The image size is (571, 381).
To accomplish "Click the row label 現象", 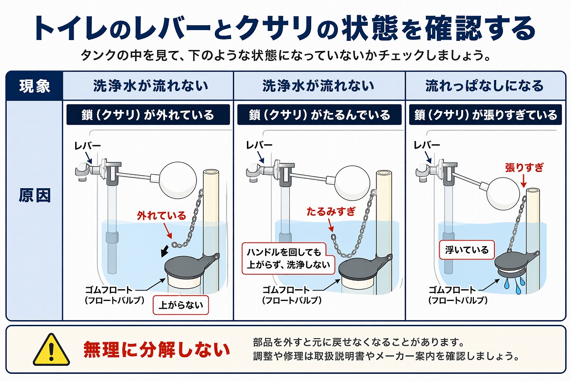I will click(34, 86).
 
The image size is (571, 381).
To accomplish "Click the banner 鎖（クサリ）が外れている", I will click(148, 115).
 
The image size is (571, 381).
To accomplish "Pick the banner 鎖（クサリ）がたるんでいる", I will click(319, 115).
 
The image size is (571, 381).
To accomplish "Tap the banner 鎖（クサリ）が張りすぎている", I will click(486, 115).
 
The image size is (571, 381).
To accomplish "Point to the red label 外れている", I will click(161, 215).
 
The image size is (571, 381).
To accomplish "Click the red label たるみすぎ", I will click(331, 211).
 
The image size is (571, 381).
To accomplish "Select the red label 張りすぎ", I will click(524, 168).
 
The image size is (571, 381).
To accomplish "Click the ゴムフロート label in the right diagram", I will click(452, 290).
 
